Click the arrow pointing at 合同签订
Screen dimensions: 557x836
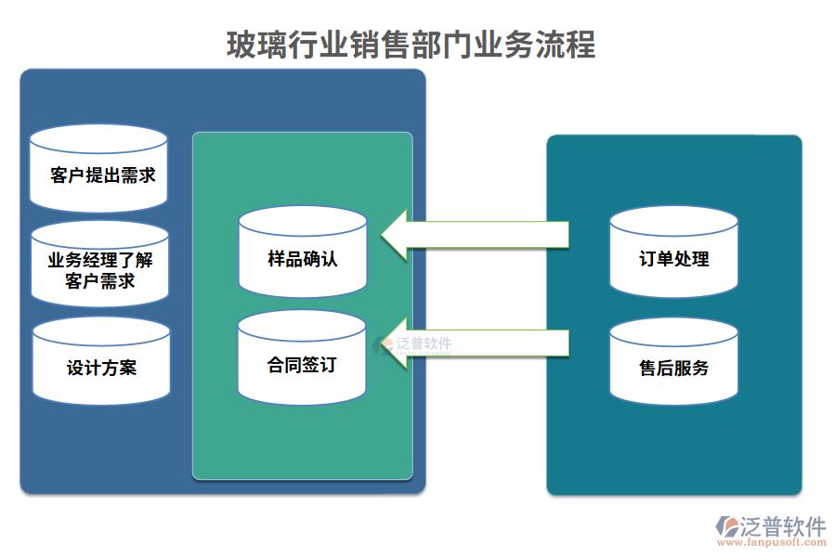(474, 343)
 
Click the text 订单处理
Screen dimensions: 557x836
(674, 259)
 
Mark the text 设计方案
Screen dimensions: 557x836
(101, 368)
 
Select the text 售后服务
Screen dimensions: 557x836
(674, 369)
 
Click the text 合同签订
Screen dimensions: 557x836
(303, 365)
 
